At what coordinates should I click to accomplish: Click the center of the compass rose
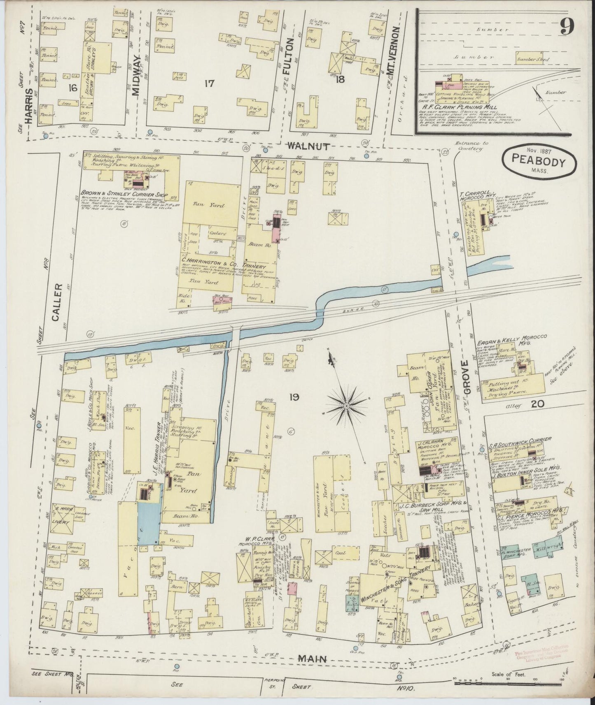[346, 406]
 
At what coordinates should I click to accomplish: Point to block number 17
[209, 84]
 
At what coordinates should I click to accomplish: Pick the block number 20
[537, 404]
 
